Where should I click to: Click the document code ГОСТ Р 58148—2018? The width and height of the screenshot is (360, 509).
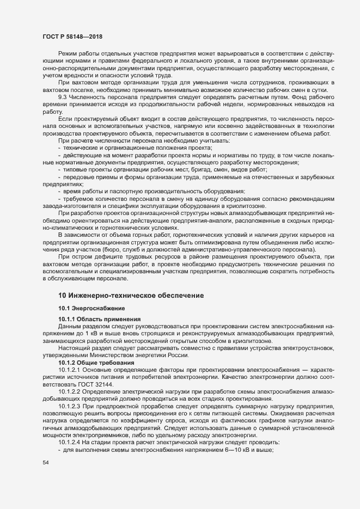(x=72, y=37)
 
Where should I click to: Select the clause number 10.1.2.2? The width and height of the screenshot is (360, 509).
(x=69, y=391)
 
